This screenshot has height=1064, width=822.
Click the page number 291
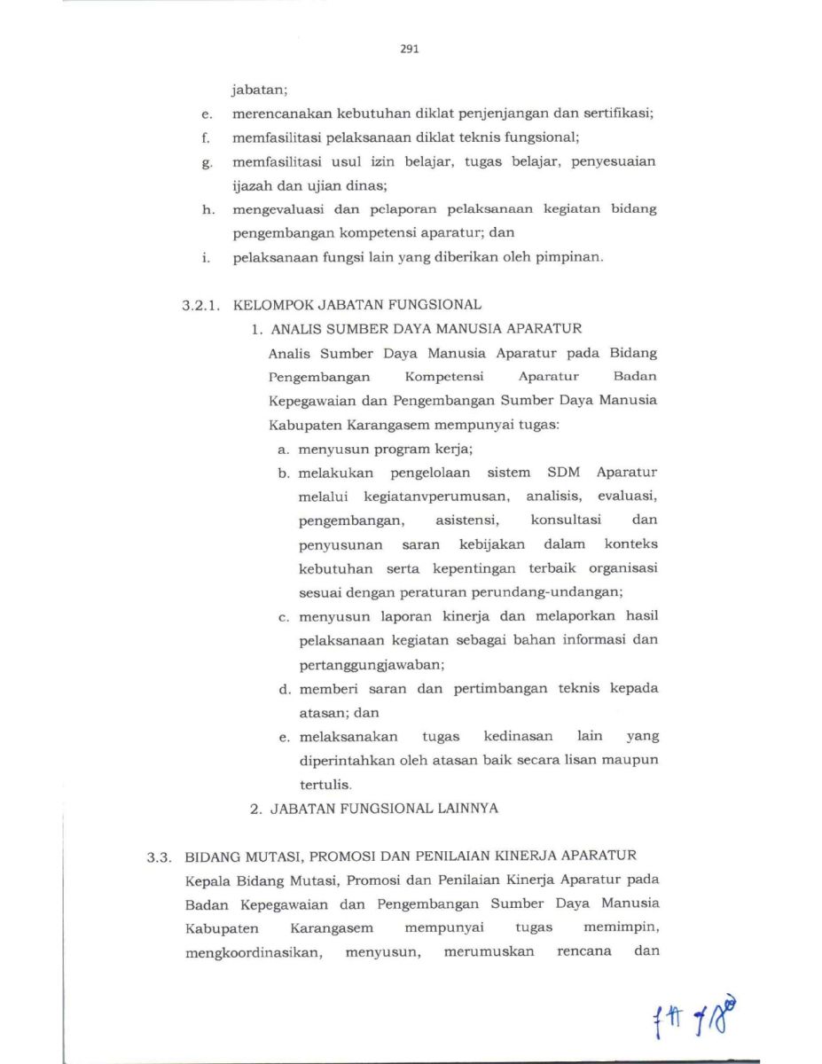click(409, 50)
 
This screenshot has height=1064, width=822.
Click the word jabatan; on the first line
click(260, 90)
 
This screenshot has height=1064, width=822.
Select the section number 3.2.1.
click(200, 305)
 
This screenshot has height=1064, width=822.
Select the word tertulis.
click(325, 785)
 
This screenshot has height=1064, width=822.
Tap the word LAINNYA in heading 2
click(466, 809)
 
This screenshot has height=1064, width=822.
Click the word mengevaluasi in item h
click(278, 210)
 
